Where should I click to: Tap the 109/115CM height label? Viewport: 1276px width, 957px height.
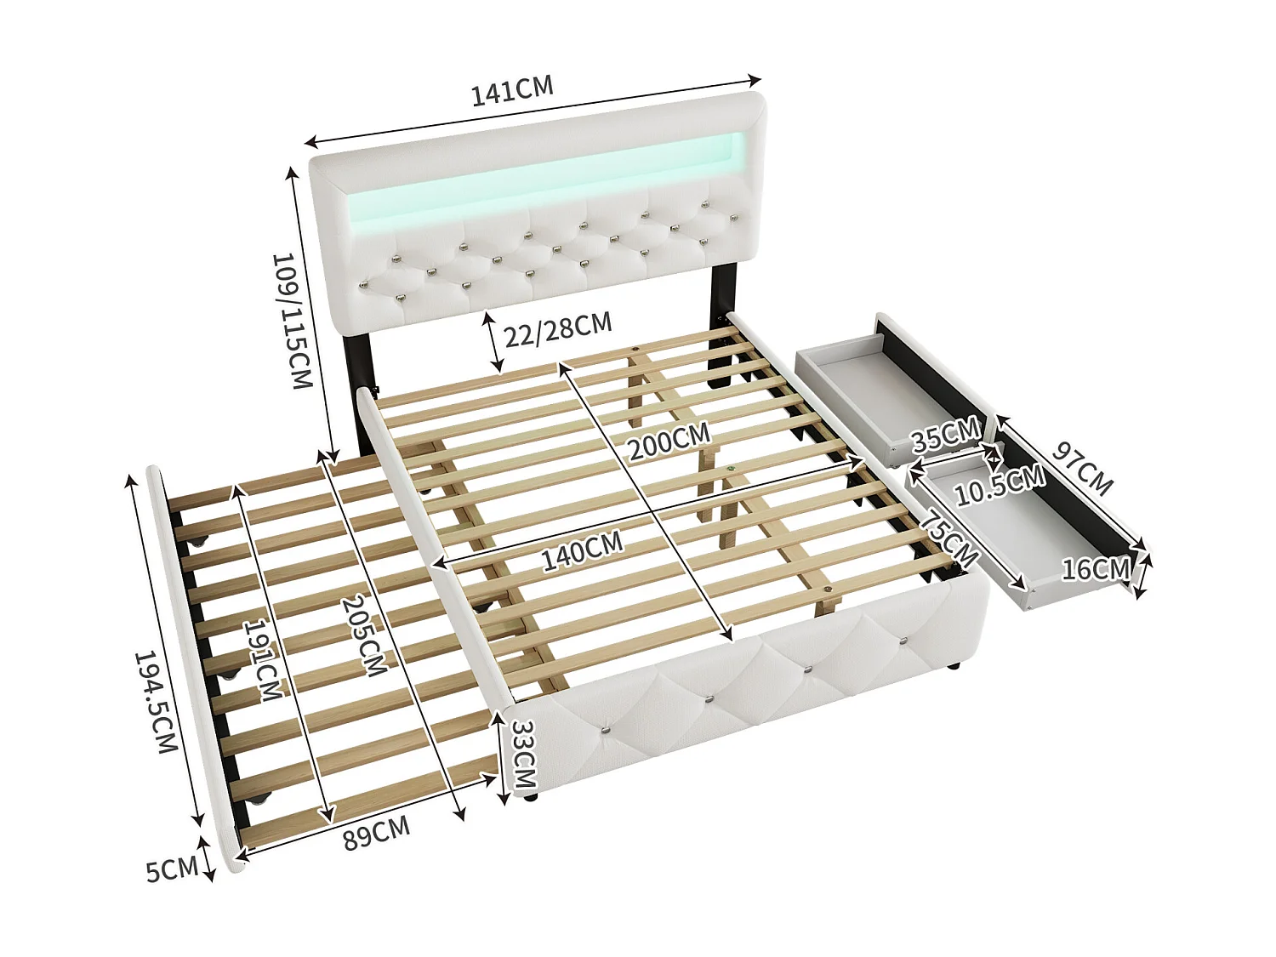(x=293, y=320)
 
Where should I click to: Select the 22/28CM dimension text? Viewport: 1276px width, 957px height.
(x=558, y=329)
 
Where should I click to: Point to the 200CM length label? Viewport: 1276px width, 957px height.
(x=669, y=441)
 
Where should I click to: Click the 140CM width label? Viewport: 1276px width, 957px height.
(x=583, y=551)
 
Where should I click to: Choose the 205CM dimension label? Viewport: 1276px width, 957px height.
(x=363, y=636)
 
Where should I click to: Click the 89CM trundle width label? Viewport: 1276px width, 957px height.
(x=376, y=834)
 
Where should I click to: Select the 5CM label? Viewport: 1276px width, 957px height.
(x=172, y=870)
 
